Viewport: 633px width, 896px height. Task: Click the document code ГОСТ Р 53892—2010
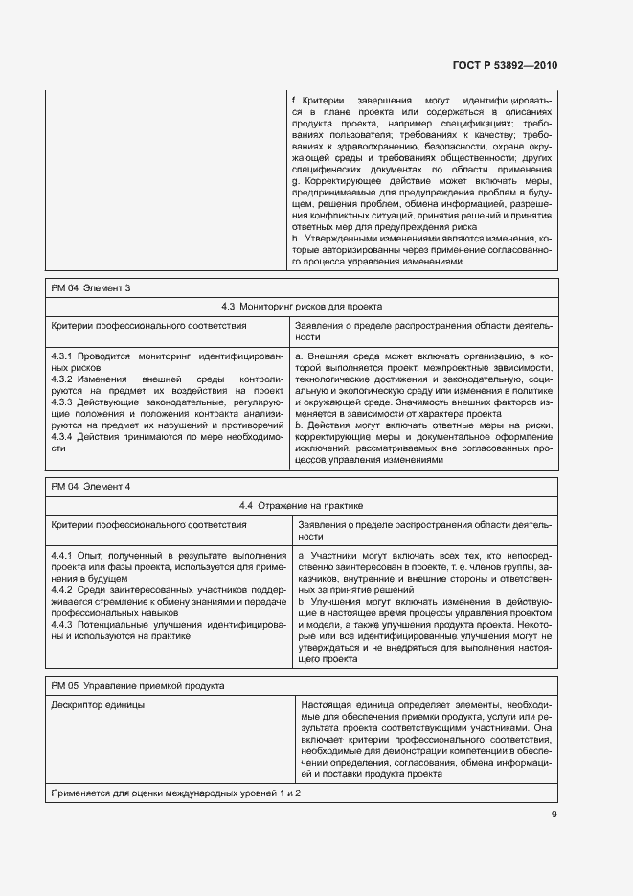click(x=504, y=66)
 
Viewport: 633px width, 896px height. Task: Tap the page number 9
click(x=554, y=815)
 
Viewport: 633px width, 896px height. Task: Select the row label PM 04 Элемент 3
click(x=91, y=287)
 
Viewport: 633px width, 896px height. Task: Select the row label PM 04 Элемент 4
click(x=91, y=486)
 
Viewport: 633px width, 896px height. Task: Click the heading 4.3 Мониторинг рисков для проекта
click(x=302, y=307)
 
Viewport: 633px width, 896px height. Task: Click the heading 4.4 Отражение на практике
click(x=302, y=505)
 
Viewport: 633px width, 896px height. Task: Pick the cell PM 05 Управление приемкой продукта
click(x=138, y=685)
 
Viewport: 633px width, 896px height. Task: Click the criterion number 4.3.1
click(x=63, y=356)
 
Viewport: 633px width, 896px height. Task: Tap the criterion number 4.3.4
click(x=63, y=436)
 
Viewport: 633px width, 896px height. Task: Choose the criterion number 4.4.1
click(x=63, y=555)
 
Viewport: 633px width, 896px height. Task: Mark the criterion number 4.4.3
click(x=63, y=623)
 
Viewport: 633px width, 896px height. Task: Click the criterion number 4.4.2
click(x=63, y=589)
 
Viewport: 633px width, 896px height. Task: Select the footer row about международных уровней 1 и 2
click(x=176, y=794)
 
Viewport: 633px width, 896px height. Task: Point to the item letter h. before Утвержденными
click(x=296, y=238)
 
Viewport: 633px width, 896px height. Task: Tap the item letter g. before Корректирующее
click(x=296, y=180)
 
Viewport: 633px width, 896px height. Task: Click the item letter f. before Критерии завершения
click(x=293, y=100)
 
